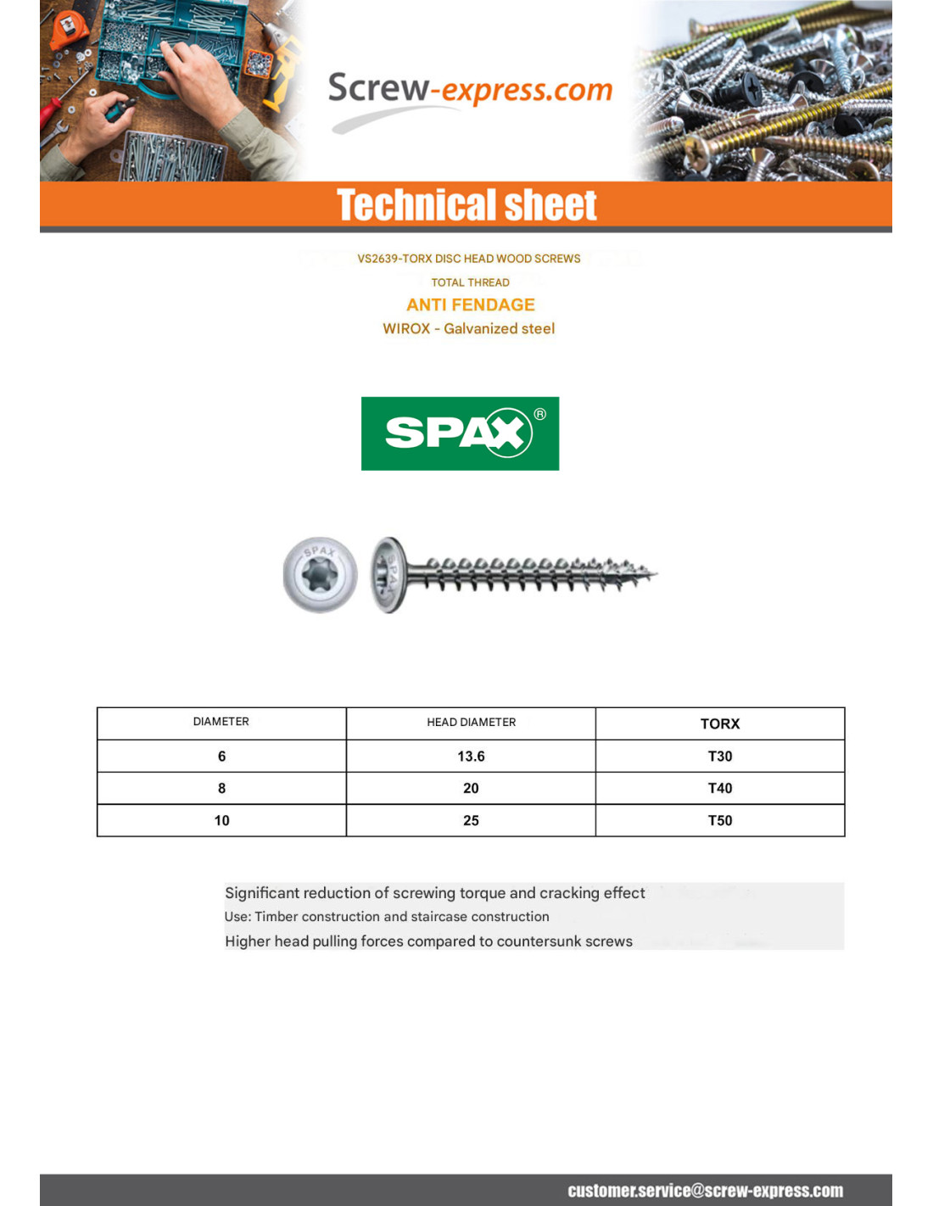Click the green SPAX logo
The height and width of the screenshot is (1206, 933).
pos(460,433)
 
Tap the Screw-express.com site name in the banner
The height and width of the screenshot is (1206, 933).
pos(469,90)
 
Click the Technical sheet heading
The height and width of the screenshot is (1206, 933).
pos(466,205)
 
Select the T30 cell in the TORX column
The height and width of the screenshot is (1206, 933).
pos(719,757)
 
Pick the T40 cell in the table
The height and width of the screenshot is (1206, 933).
pos(719,789)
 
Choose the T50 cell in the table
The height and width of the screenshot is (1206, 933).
pos(719,821)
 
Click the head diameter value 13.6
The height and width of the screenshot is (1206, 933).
pos(471,757)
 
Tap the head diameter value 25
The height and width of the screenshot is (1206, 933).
pos(471,821)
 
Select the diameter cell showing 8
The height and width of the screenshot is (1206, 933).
pos(221,789)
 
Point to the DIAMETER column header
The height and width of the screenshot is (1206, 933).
pos(221,722)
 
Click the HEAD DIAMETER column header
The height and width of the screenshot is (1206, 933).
pos(471,723)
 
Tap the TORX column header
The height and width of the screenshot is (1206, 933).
pos(719,723)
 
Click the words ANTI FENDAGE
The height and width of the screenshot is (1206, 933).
pos(470,305)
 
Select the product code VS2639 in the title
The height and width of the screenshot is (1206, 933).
pos(377,259)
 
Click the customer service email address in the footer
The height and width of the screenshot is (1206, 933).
pos(705,1191)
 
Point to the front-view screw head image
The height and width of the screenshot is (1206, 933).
pos(320,574)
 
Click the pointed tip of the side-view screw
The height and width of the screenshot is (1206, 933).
pos(654,574)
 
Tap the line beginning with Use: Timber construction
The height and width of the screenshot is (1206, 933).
pos(387,917)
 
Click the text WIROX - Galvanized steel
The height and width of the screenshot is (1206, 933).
pos(468,329)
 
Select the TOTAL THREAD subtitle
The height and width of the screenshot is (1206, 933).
pos(470,282)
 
